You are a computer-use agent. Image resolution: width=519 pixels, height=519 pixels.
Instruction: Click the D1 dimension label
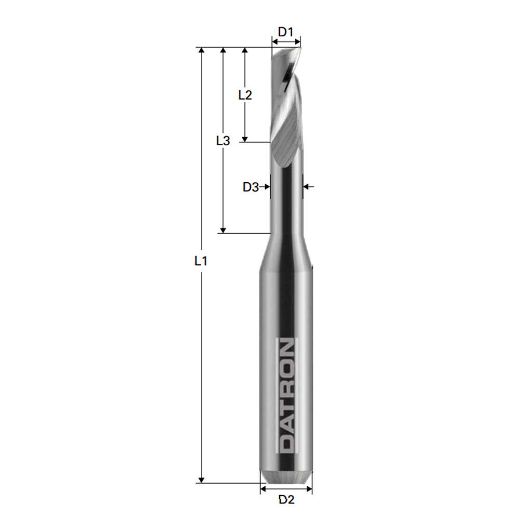(x=285, y=32)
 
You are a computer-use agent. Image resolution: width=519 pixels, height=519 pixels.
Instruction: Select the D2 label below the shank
(x=286, y=500)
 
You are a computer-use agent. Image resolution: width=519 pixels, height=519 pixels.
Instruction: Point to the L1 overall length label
(x=201, y=262)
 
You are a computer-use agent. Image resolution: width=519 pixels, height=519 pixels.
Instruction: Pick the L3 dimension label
(x=223, y=140)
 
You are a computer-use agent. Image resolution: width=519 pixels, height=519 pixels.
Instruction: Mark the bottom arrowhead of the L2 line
(x=245, y=138)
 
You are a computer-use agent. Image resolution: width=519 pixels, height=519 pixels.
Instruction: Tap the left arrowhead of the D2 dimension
(x=264, y=488)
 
